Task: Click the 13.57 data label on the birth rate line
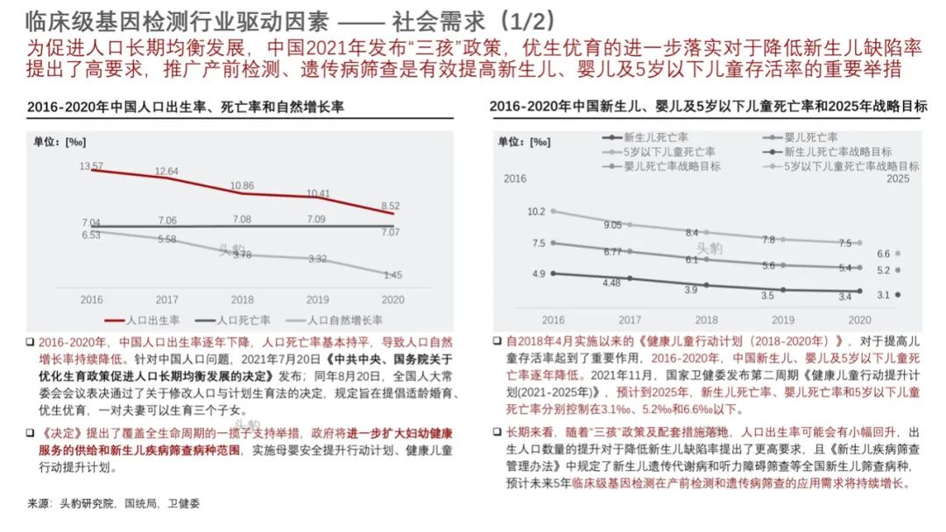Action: coord(91,165)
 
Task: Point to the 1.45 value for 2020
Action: coord(392,275)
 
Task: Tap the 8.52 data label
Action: coord(392,206)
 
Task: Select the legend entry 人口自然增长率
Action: coord(348,321)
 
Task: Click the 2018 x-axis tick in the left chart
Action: coord(242,299)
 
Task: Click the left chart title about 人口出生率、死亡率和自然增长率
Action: coord(186,107)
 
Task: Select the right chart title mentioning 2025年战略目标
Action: coord(708,107)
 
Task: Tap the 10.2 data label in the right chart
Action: coord(536,212)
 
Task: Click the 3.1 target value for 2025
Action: coord(883,296)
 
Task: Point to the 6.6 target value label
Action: coord(883,254)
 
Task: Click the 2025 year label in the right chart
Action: coord(898,178)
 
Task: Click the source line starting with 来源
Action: coord(114,503)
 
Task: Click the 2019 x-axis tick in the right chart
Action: coord(784,320)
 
